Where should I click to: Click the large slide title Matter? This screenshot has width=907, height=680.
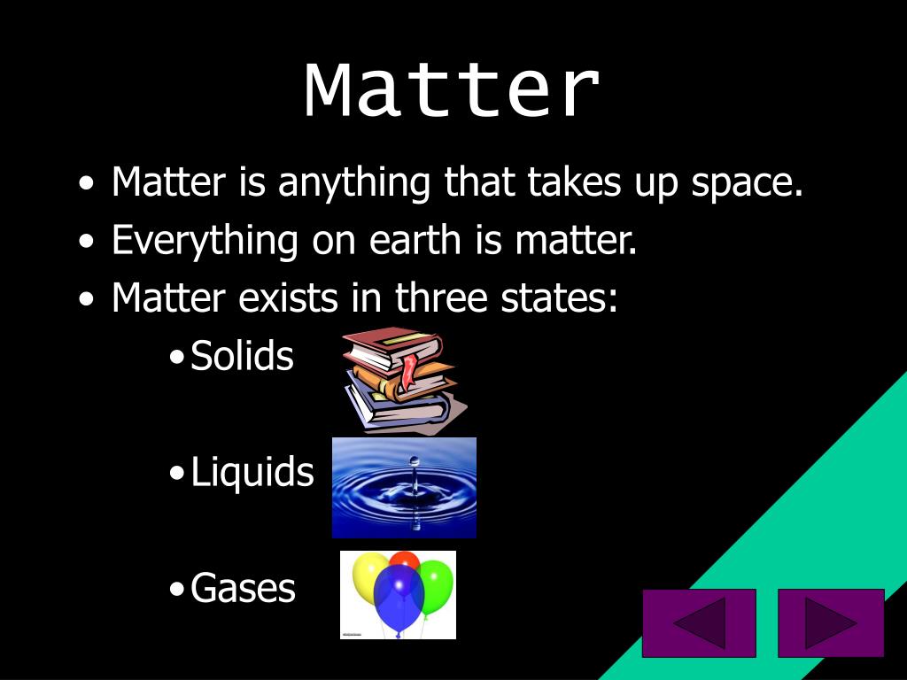pos(453,90)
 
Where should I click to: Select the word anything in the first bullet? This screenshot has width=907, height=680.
pos(353,182)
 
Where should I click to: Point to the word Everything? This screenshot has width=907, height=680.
pos(205,241)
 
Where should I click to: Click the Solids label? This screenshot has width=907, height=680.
pos(242,356)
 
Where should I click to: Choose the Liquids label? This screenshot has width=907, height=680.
pos(252,472)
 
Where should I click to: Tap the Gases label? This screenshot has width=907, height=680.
pos(243,588)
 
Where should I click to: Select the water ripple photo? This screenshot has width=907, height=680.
pos(404,488)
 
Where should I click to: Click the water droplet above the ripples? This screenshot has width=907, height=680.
pos(413,463)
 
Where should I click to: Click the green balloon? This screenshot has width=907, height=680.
pos(435,583)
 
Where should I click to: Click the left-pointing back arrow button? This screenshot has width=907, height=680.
pos(699,622)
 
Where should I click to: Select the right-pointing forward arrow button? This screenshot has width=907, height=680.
pos(831,622)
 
